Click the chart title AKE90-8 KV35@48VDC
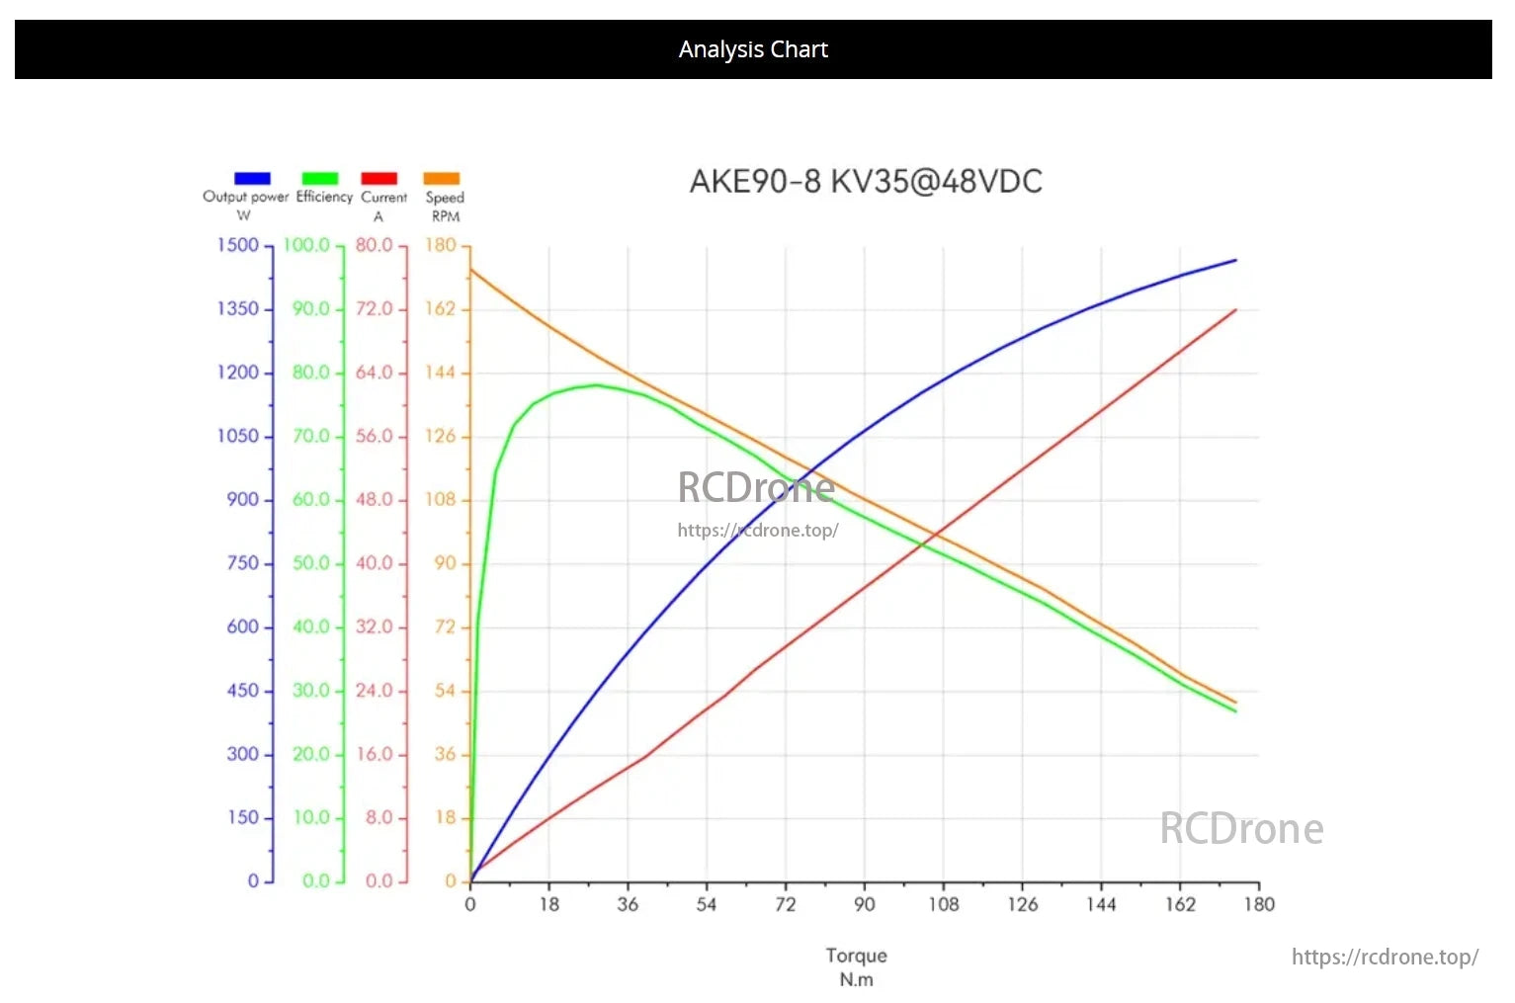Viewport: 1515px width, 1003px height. point(866,182)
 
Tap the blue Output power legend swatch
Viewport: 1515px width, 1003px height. point(252,178)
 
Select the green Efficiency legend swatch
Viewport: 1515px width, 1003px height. point(319,178)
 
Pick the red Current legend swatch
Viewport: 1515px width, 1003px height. point(379,178)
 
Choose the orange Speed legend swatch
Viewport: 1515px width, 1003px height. point(442,178)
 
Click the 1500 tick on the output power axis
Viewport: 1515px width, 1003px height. point(238,245)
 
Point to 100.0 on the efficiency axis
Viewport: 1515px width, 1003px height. point(306,245)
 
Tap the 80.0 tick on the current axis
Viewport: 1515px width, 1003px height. point(375,245)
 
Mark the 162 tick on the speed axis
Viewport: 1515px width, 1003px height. point(440,309)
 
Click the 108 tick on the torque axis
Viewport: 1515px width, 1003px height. point(943,904)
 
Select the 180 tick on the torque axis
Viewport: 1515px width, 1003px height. point(1258,904)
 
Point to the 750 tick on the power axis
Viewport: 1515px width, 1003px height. point(242,563)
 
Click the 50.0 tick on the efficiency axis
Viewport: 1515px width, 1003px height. point(310,563)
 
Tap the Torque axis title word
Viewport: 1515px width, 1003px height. point(856,956)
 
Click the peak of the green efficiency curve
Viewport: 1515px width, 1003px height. point(596,385)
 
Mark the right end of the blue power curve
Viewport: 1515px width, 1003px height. point(1235,260)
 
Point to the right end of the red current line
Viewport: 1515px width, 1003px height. point(1235,310)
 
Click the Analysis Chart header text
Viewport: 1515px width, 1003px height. point(753,49)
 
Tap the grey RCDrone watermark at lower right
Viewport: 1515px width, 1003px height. point(1241,829)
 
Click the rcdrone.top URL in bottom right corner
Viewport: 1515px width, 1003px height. point(1385,957)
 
